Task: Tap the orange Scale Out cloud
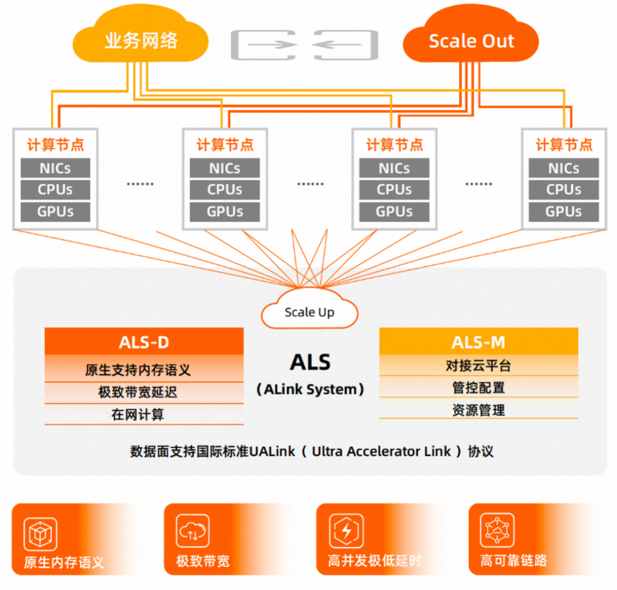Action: click(x=471, y=41)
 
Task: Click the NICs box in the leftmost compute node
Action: click(x=55, y=168)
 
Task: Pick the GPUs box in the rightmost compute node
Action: click(x=564, y=211)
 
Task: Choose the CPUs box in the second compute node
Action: click(x=224, y=189)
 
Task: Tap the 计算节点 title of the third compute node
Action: click(x=394, y=145)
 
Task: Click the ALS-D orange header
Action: click(x=144, y=342)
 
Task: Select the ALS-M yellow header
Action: click(x=478, y=342)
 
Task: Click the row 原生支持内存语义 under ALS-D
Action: click(x=138, y=369)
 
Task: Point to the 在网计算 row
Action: click(x=138, y=414)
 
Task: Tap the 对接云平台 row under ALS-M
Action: click(x=478, y=366)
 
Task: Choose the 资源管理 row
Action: click(x=478, y=410)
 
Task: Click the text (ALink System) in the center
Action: click(x=310, y=389)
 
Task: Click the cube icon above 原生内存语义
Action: click(x=40, y=534)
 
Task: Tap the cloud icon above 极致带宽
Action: click(x=192, y=531)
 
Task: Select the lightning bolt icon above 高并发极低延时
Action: click(x=346, y=531)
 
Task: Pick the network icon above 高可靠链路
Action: click(x=497, y=530)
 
